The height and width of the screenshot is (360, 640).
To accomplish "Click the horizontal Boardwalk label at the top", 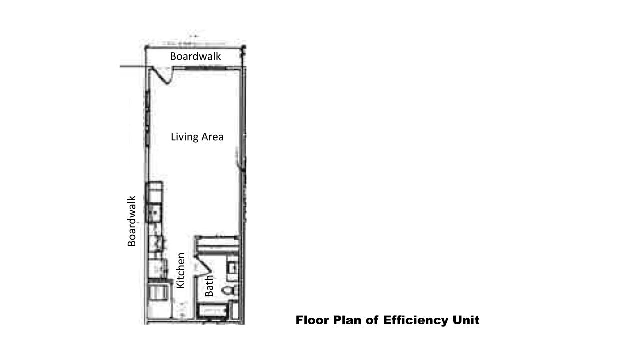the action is point(195,56).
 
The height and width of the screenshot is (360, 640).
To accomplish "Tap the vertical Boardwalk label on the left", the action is point(131,221).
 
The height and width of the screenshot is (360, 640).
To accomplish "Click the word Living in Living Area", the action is point(183,137).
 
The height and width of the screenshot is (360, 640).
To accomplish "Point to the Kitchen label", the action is point(181,270).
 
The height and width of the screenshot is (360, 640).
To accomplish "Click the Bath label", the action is point(209,285).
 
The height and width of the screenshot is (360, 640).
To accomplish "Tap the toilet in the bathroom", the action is point(230,291).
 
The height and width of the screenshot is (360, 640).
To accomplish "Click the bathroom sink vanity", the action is point(232,268).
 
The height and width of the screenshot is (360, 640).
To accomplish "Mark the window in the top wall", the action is point(205,68).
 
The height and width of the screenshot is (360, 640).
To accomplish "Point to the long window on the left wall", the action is point(148,118).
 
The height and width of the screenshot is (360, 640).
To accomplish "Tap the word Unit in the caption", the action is point(466,320).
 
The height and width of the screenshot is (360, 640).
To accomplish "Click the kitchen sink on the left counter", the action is point(154,213).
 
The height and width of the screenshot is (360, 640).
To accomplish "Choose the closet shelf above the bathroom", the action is point(217,244).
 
